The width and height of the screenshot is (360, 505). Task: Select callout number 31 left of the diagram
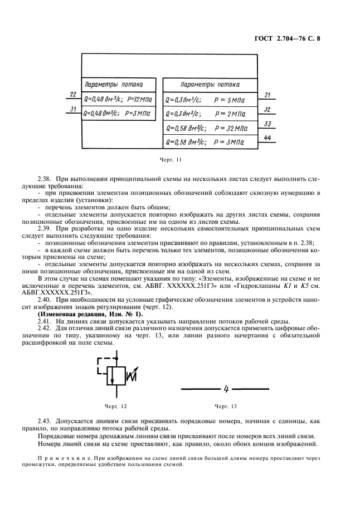coord(72,108)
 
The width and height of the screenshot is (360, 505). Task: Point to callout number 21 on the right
coord(267,95)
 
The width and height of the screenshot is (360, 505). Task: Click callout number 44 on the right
coord(267,138)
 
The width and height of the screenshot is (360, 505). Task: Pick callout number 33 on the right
coord(267,124)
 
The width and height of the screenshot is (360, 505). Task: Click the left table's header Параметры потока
coord(113,85)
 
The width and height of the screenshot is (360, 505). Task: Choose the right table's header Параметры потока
coord(210,85)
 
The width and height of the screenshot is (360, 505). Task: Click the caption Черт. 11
coord(171,160)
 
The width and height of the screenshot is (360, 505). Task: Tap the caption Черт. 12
coord(116,406)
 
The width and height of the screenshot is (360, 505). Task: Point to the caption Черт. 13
coord(226,406)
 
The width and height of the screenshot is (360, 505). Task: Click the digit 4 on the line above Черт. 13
coord(226,388)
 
